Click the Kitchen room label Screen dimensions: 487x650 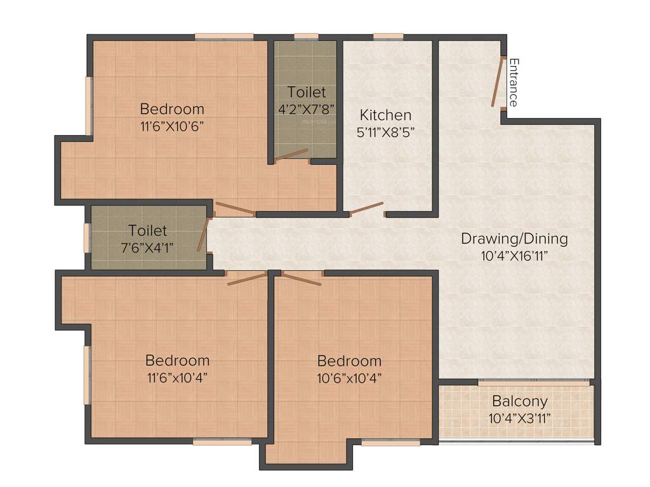385,115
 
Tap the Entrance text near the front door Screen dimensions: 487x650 514,82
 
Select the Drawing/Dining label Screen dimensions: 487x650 514,239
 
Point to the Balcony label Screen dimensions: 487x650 519,401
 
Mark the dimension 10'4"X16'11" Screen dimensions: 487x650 514,256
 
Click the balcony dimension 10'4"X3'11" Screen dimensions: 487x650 519,419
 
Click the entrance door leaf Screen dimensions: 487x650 496,82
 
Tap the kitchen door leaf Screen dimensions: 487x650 367,208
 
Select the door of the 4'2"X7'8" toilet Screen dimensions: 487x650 291,154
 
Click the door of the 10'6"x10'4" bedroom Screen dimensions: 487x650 301,278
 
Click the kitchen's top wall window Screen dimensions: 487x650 388,36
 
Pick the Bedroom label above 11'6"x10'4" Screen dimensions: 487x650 177,360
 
